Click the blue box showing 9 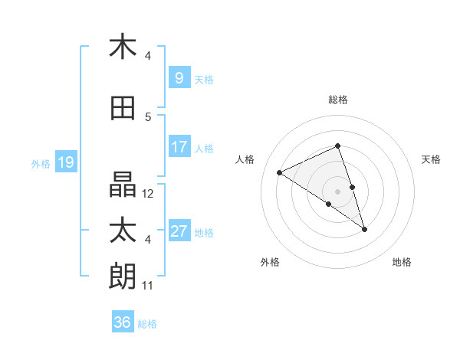pos(179,78)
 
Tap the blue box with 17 pos(179,147)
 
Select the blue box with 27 pos(179,231)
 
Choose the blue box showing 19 pos(65,162)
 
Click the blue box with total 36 pos(123,322)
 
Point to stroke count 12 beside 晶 pos(148,194)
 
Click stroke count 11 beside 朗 pos(148,286)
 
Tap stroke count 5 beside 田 pos(148,117)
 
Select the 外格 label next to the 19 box pos(41,163)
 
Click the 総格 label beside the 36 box pos(147,324)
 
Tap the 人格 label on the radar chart pos(245,159)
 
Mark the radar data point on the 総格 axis pos(337,146)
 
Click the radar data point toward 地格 pos(364,229)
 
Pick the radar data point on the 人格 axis pos(280,172)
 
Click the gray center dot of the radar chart pos(337,190)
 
